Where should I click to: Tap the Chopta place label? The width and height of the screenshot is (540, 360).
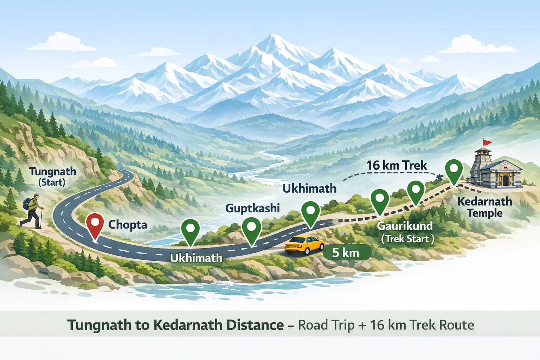pyautogui.click(x=128, y=225)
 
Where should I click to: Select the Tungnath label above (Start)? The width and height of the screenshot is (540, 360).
pyautogui.click(x=53, y=172)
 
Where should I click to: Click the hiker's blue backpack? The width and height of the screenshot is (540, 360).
pyautogui.click(x=27, y=204)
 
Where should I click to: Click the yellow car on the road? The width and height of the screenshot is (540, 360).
pyautogui.click(x=304, y=244)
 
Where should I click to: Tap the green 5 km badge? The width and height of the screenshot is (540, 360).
pyautogui.click(x=347, y=252)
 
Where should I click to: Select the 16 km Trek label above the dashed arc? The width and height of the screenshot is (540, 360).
pyautogui.click(x=397, y=165)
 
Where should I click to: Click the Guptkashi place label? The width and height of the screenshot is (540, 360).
pyautogui.click(x=252, y=208)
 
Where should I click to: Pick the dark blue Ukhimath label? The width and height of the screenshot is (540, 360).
pyautogui.click(x=309, y=188)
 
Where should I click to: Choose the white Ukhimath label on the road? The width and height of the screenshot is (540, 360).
pyautogui.click(x=196, y=258)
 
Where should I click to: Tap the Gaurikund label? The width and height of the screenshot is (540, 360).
pyautogui.click(x=405, y=226)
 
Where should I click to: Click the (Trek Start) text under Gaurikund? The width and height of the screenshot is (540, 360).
pyautogui.click(x=407, y=239)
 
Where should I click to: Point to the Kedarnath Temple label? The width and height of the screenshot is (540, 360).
pyautogui.click(x=485, y=207)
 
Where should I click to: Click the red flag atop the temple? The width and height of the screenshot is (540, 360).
pyautogui.click(x=487, y=142)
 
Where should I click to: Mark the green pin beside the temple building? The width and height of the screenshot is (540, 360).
pyautogui.click(x=454, y=170)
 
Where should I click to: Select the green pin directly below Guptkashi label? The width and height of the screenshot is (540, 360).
pyautogui.click(x=251, y=229)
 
